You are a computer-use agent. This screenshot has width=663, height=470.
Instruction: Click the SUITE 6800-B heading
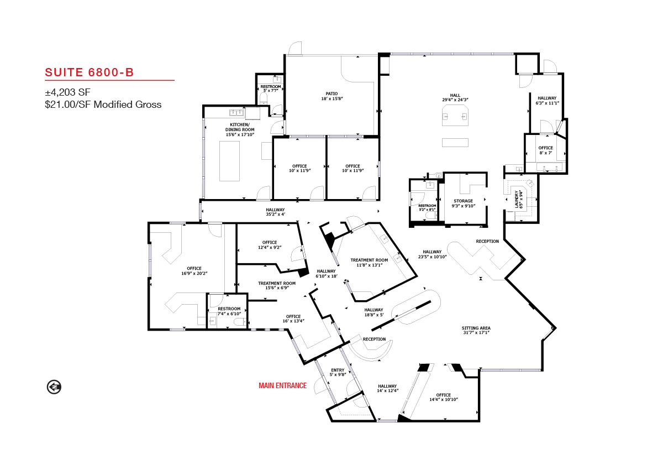(89, 72)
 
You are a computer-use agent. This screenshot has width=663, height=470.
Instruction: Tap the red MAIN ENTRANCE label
(283, 385)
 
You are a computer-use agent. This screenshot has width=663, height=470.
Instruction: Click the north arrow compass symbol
(54, 387)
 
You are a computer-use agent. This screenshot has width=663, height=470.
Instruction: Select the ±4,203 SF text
(67, 92)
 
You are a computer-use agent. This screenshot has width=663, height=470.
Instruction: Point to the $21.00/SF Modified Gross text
(103, 105)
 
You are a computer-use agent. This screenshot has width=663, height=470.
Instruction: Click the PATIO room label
(332, 96)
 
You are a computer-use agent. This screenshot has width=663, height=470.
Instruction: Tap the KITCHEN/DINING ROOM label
(240, 130)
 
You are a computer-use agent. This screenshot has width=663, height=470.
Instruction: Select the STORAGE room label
(463, 203)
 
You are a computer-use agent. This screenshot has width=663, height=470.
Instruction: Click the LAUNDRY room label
(519, 199)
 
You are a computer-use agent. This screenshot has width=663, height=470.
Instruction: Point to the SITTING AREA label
(476, 330)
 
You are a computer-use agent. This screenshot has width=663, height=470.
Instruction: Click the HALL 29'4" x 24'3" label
(455, 97)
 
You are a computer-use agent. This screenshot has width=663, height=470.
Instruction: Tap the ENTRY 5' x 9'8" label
(338, 372)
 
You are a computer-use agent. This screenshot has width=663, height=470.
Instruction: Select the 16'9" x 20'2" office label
(194, 271)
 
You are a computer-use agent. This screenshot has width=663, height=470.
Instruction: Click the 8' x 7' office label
(545, 150)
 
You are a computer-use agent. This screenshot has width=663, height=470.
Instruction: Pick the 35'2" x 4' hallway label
(275, 212)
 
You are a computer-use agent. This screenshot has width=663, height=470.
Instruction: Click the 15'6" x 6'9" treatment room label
(277, 285)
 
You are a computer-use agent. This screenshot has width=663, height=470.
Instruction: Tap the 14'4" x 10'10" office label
(443, 397)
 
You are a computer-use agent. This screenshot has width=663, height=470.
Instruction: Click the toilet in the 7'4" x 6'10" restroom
(240, 322)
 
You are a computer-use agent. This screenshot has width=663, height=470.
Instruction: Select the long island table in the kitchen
(229, 161)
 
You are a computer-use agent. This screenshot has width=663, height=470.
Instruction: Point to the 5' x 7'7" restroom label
(271, 88)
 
